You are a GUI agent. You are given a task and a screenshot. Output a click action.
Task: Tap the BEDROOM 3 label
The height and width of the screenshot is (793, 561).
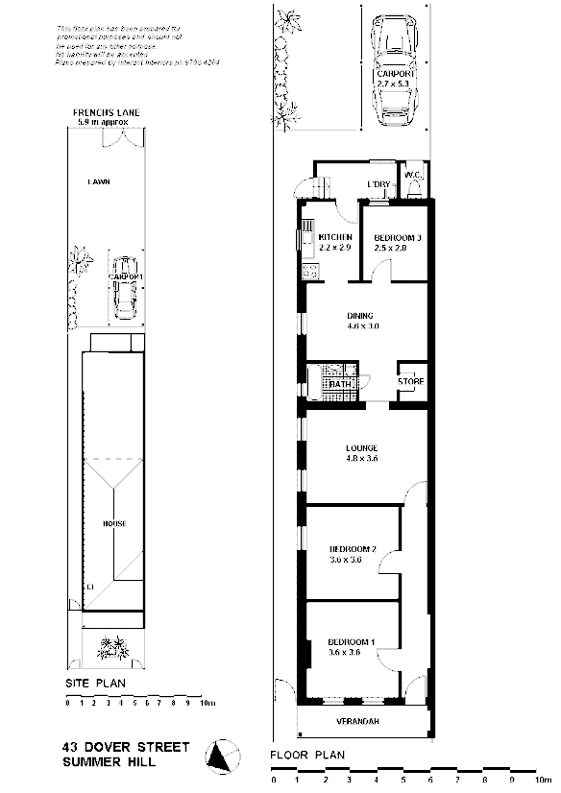coord(398,237)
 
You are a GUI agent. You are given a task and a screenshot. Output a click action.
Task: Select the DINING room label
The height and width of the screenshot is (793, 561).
coord(360,316)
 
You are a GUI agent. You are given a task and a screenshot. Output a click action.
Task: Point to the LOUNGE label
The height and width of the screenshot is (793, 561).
coord(362,448)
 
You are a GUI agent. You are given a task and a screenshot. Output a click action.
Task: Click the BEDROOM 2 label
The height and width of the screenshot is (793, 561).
coord(353,549)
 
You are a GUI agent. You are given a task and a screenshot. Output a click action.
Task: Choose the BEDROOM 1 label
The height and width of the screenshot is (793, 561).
coord(352,642)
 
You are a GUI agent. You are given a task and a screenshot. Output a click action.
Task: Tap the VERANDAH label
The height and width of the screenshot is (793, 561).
coord(362,721)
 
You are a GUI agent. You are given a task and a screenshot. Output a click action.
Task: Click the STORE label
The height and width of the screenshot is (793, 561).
coord(410,382)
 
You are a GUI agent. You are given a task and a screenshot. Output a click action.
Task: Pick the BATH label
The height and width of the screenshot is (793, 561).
coord(339,384)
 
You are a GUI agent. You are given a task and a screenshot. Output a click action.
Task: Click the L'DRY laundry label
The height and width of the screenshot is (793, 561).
coord(378,184)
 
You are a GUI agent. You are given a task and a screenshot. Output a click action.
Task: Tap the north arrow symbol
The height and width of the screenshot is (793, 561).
coord(224,757)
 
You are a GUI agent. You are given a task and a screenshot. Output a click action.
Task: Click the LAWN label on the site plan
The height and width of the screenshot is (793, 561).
coord(97,180)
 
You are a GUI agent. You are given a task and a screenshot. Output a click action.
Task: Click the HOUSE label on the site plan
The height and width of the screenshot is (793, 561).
coord(115,524)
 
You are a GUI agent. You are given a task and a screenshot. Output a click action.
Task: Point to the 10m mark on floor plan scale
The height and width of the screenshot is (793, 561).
coord(545,780)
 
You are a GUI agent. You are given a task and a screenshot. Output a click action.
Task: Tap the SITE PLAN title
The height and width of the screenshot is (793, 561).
coord(96,684)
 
